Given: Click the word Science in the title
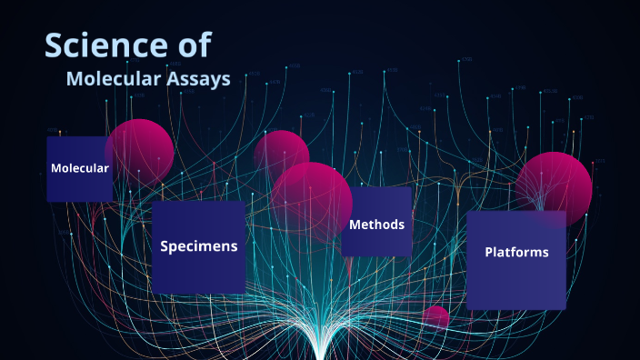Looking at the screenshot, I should click(100, 46).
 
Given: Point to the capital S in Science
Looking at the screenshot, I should click(55, 46).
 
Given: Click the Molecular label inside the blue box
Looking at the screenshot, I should click(80, 168).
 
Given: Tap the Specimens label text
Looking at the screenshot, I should click(199, 245).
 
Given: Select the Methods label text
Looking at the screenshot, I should click(376, 225).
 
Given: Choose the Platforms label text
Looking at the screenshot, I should click(516, 252).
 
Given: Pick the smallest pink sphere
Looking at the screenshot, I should click(436, 316).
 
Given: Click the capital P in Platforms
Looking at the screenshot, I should click(489, 252).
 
